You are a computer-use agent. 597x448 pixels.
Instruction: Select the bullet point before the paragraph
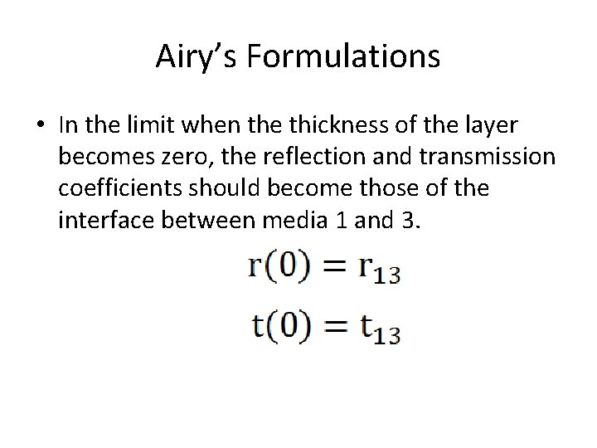click(40, 126)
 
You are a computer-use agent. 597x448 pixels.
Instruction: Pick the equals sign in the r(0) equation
click(332, 267)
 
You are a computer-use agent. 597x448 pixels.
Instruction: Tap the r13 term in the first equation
click(379, 269)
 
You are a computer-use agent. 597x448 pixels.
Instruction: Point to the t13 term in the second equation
click(379, 328)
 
